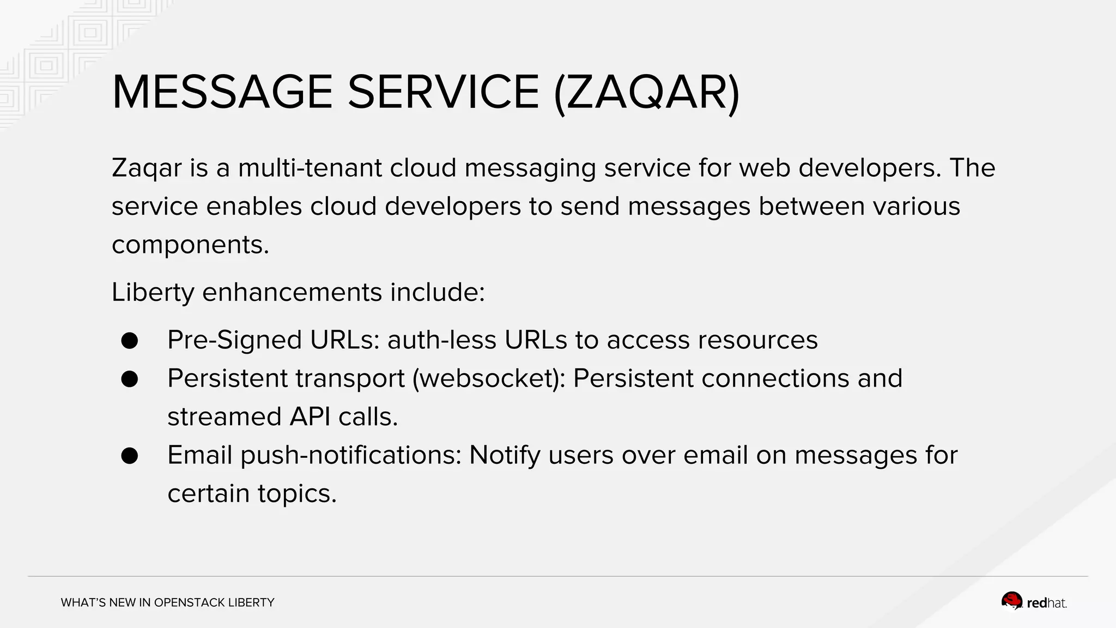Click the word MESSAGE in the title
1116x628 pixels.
tap(222, 92)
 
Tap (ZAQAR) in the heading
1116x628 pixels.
tap(646, 92)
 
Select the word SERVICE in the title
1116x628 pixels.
tap(443, 92)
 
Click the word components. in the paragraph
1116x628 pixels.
tap(190, 244)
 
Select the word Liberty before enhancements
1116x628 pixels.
tap(153, 292)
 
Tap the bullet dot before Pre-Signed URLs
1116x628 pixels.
tap(130, 341)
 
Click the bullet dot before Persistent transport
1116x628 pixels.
tap(130, 379)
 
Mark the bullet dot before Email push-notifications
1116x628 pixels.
tap(130, 456)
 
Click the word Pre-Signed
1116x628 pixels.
tap(234, 340)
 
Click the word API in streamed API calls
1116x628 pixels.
tap(310, 417)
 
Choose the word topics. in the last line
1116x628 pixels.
tap(297, 494)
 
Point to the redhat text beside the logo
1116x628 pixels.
tap(1046, 603)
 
